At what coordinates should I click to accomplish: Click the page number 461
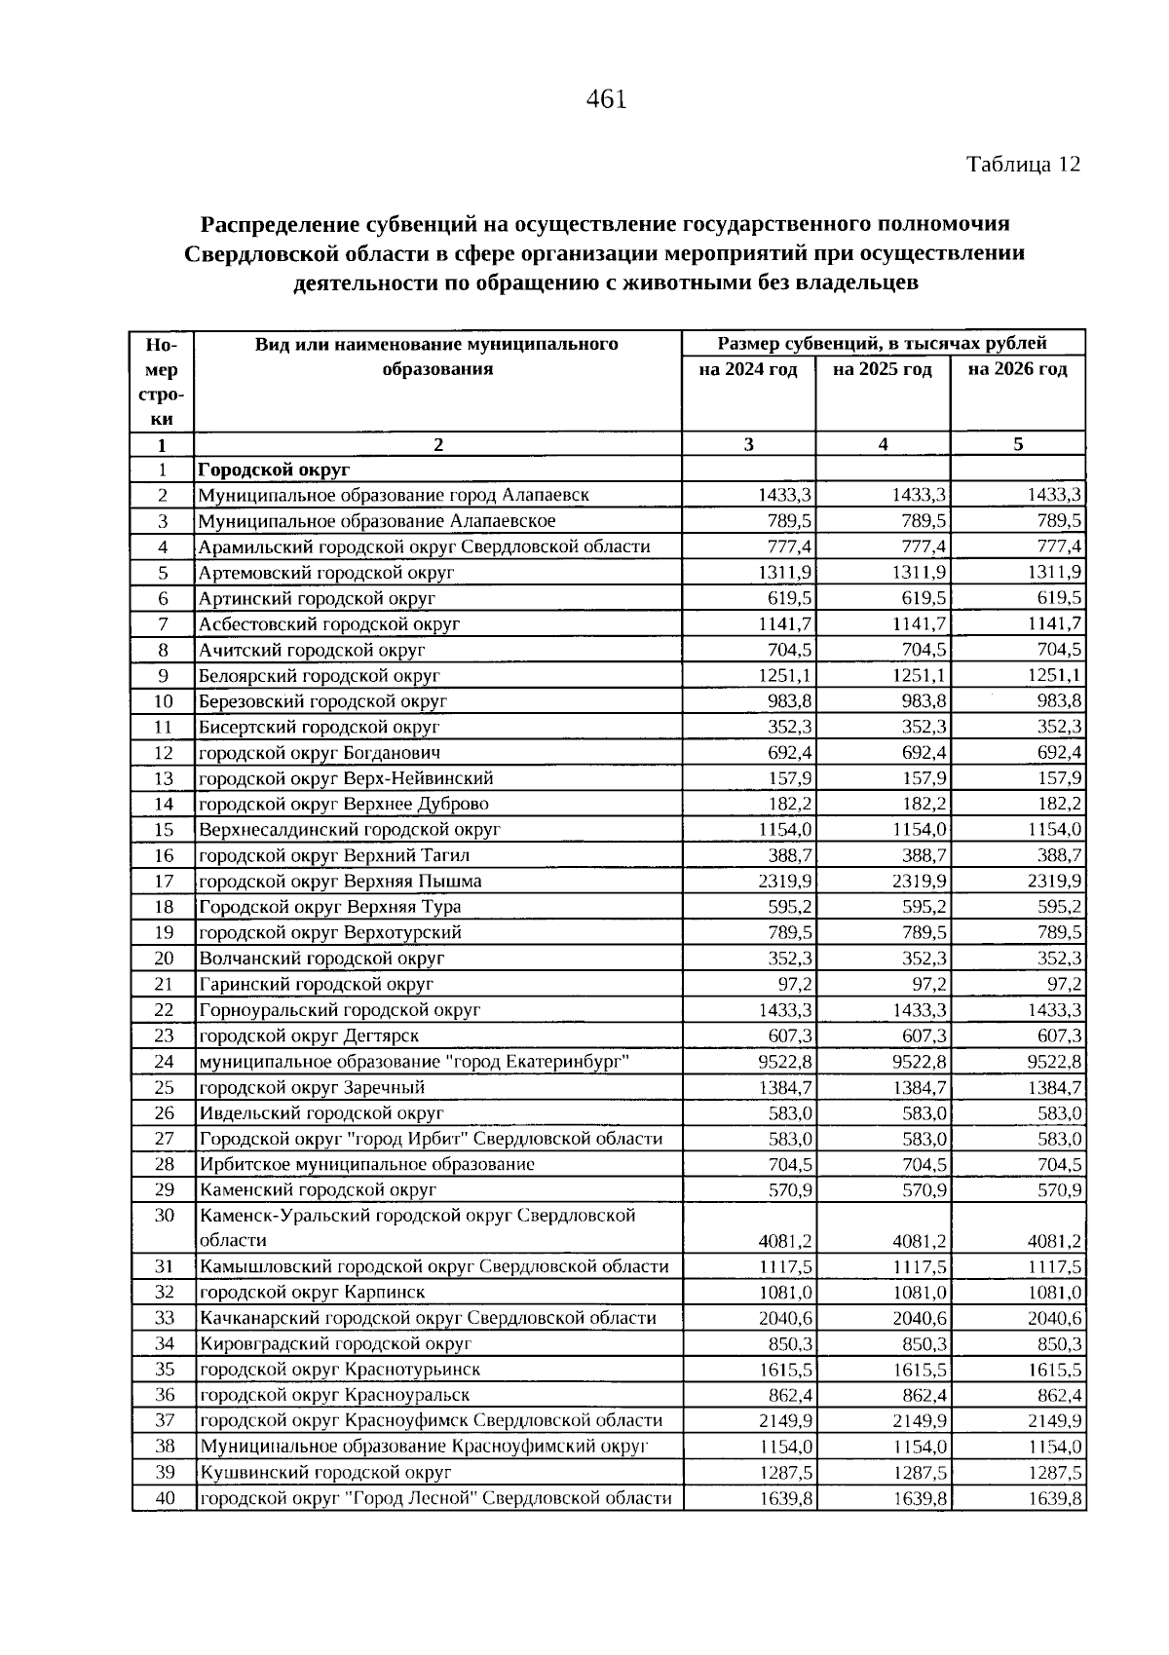[x=606, y=99]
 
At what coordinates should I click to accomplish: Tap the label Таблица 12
[x=1023, y=164]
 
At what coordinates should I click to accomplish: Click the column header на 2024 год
[x=748, y=369]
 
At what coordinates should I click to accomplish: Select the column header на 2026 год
[x=1017, y=369]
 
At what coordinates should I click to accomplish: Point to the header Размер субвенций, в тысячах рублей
[x=882, y=343]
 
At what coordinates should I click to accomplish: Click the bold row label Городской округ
[x=274, y=470]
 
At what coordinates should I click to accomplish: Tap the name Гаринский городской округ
[x=316, y=985]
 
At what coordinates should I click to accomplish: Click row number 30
[x=164, y=1216]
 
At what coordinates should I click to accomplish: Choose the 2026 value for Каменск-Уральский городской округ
[x=1054, y=1241]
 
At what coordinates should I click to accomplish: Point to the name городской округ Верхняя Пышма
[x=340, y=882]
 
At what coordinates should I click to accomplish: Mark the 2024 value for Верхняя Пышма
[x=785, y=882]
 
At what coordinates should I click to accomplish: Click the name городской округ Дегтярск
[x=309, y=1036]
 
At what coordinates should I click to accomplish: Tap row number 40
[x=164, y=1498]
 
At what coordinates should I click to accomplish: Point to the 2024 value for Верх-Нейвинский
[x=791, y=778]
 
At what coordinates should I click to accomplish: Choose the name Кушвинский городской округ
[x=325, y=1473]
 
